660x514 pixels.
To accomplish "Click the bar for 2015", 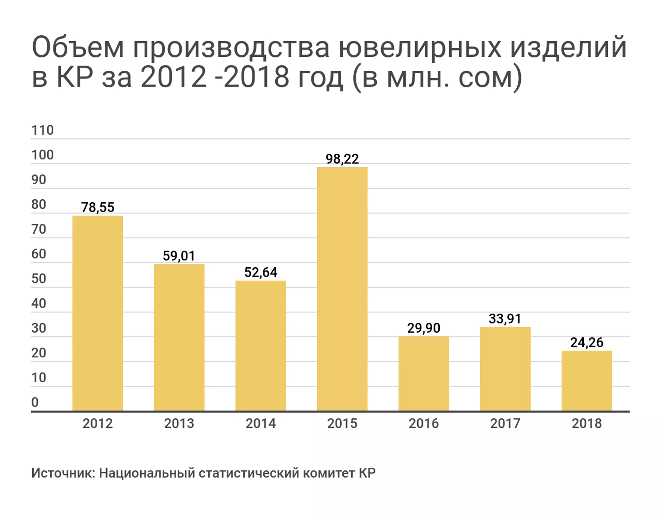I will click(342, 289).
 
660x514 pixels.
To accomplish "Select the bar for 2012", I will click(98, 313).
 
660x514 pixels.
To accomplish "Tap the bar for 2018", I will click(587, 380).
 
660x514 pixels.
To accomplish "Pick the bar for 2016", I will click(423, 373).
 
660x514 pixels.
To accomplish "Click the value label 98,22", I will click(342, 159).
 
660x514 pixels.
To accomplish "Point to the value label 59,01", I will click(179, 256).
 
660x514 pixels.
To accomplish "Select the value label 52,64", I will click(261, 272).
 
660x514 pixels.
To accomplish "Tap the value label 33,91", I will click(505, 319).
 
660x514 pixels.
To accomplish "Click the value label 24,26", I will click(587, 343).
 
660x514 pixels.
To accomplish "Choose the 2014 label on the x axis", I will click(261, 423).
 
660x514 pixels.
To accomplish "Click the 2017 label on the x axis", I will click(505, 423).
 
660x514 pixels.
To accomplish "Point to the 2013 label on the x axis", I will click(179, 423).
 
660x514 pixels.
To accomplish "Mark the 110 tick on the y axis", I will click(43, 131).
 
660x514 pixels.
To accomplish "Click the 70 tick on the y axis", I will click(39, 229).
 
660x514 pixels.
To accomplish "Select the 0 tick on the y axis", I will click(35, 402).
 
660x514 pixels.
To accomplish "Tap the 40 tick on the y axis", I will click(39, 303).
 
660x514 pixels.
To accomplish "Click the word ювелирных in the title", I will click(420, 47).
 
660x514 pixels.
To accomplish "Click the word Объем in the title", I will click(78, 47).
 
